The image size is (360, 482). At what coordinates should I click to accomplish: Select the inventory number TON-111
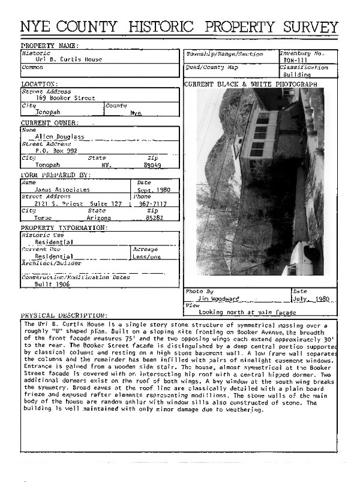(294, 61)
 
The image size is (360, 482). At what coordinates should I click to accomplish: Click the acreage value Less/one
(147, 256)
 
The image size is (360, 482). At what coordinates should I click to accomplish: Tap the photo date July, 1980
(312, 298)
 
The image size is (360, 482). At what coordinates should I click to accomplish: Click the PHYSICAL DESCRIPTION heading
(64, 316)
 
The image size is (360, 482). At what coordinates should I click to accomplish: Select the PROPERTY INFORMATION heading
(64, 227)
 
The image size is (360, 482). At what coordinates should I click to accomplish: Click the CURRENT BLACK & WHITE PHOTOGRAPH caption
(250, 85)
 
